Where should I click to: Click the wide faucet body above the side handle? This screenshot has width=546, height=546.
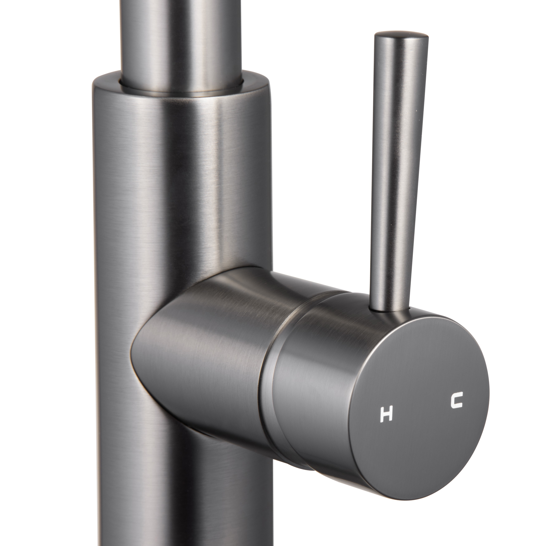point(181,184)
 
